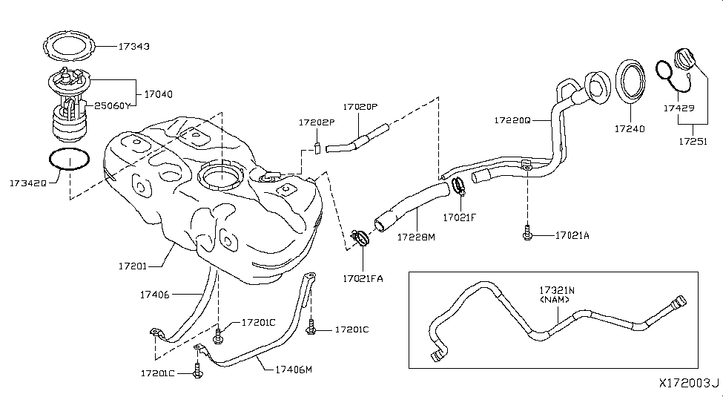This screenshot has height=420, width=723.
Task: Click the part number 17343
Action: click(x=134, y=46)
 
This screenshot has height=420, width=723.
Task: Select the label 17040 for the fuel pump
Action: click(x=158, y=95)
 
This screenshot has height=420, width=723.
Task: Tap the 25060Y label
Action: click(x=112, y=106)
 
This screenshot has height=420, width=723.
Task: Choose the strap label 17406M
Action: click(x=294, y=369)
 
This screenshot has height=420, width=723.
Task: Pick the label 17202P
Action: click(x=317, y=122)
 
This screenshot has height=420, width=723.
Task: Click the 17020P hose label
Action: click(x=360, y=107)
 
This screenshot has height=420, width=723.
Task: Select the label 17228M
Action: click(x=416, y=237)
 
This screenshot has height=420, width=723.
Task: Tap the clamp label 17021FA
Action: click(x=363, y=278)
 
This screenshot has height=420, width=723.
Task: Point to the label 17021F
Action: click(x=459, y=218)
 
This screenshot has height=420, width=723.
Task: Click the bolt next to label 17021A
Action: click(x=526, y=235)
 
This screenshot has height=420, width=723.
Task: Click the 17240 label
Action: click(x=629, y=128)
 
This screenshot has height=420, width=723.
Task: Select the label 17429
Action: click(x=679, y=108)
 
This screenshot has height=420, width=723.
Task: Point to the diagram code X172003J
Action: click(x=689, y=384)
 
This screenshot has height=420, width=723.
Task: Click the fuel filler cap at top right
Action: click(x=684, y=60)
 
